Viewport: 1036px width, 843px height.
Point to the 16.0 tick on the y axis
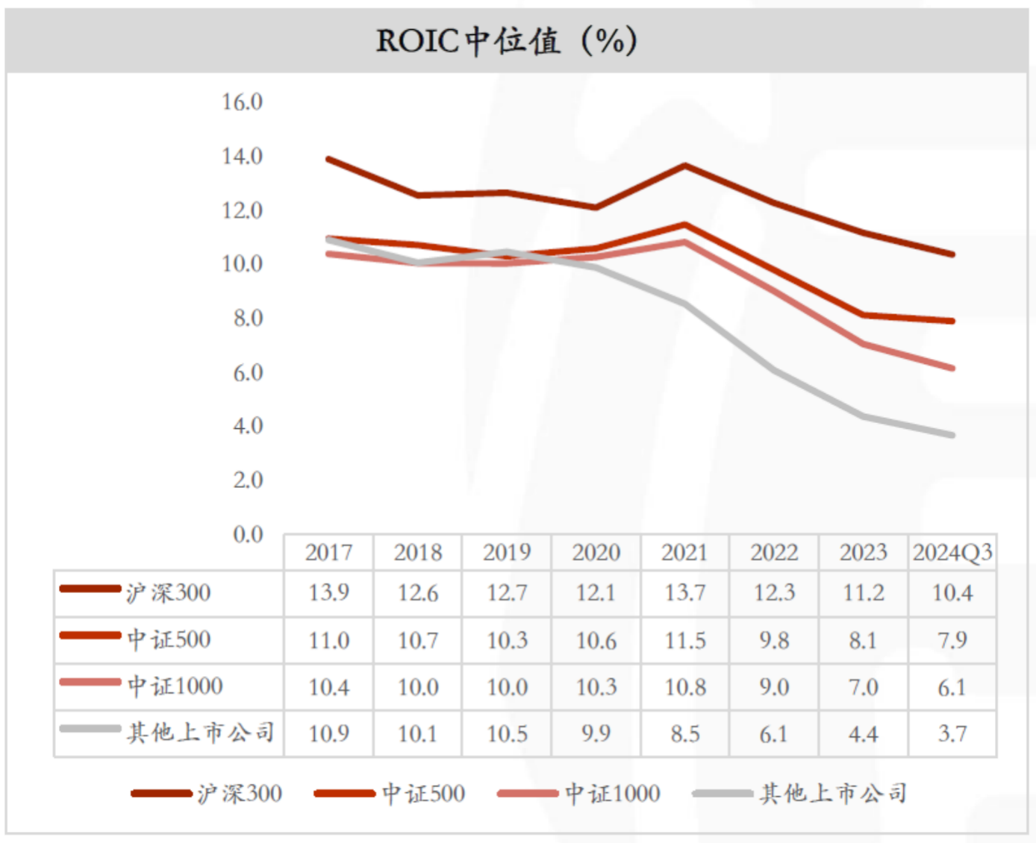point(242,101)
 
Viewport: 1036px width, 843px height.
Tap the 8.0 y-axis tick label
point(248,318)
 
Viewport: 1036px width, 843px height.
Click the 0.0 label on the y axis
point(248,534)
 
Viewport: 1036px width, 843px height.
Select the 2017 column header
point(328,553)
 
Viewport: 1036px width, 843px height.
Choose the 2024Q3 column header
point(952,553)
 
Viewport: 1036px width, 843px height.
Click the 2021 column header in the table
point(684,553)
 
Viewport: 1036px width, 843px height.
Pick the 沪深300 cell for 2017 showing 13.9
point(328,593)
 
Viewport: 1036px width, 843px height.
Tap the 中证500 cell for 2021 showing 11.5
point(684,640)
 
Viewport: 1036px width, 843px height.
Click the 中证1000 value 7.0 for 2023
point(863,687)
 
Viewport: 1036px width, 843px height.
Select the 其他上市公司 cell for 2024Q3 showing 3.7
point(952,734)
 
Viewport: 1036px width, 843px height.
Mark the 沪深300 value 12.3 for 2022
point(774,593)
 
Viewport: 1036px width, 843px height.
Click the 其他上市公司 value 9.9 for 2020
point(596,734)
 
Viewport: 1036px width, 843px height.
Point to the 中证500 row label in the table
point(169,639)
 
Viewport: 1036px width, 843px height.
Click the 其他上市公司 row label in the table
point(200,733)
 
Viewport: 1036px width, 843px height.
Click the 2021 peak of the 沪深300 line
point(684,166)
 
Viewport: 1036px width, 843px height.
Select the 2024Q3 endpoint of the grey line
point(952,435)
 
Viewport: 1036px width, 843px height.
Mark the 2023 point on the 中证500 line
point(863,316)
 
